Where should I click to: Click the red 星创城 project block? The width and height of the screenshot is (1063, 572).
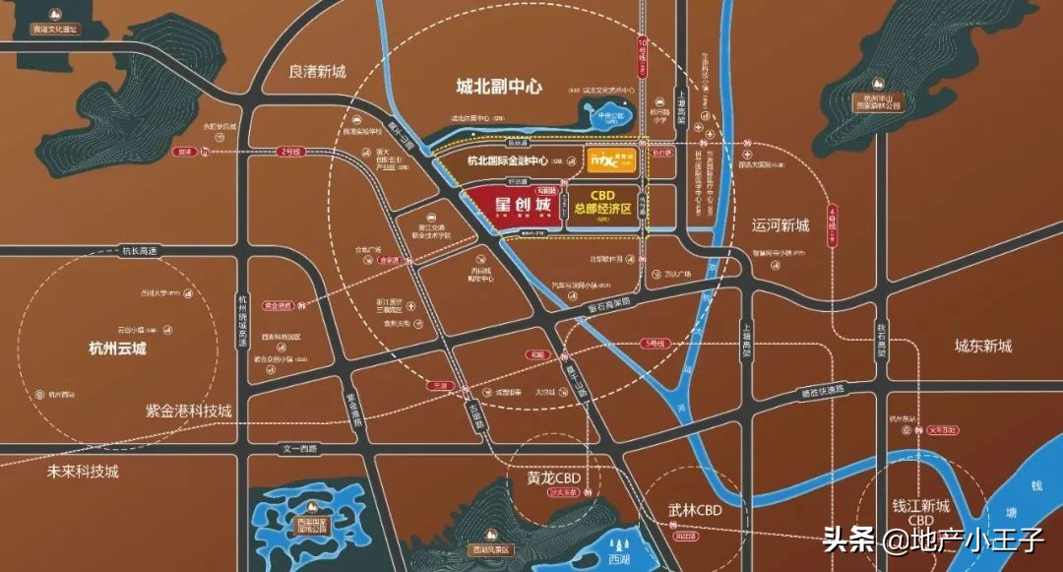point(519,208)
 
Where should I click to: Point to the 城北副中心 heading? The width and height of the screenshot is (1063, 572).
point(499,87)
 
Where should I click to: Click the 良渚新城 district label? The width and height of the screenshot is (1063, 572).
point(317,72)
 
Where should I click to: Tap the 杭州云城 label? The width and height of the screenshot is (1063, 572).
point(117,348)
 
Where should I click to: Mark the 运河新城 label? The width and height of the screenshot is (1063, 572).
point(780,225)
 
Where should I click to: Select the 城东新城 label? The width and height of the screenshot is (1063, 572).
point(982,346)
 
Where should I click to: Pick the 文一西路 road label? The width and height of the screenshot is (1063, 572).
point(301,449)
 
